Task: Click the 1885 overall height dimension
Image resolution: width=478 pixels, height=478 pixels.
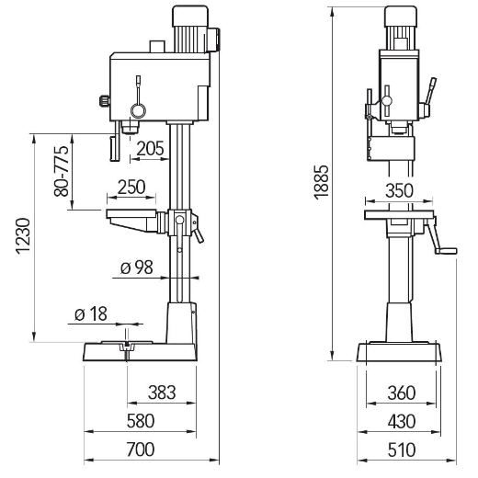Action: click(322, 183)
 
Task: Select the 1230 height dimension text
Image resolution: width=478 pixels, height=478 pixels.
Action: click(23, 236)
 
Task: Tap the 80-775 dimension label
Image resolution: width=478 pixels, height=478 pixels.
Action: click(62, 171)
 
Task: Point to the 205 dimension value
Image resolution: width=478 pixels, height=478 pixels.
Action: click(150, 149)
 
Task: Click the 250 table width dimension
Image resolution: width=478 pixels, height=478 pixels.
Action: click(131, 188)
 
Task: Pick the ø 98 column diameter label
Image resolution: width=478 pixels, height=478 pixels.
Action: click(137, 267)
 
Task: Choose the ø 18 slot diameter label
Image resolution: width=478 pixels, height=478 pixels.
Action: click(91, 314)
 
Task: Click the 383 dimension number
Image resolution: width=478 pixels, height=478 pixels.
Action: click(162, 393)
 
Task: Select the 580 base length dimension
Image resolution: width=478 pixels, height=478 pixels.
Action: click(141, 421)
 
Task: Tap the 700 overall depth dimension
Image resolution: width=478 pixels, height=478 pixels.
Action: click(141, 450)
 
